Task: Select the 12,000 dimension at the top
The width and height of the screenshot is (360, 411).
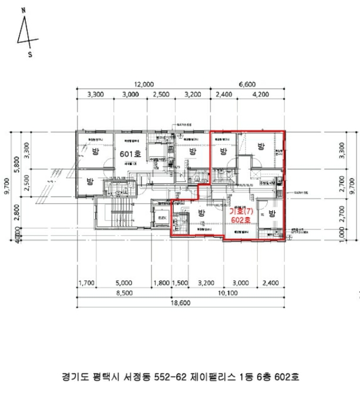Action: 143,84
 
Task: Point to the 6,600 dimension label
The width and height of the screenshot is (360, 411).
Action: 246,84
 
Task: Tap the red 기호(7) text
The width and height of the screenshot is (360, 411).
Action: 240,210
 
